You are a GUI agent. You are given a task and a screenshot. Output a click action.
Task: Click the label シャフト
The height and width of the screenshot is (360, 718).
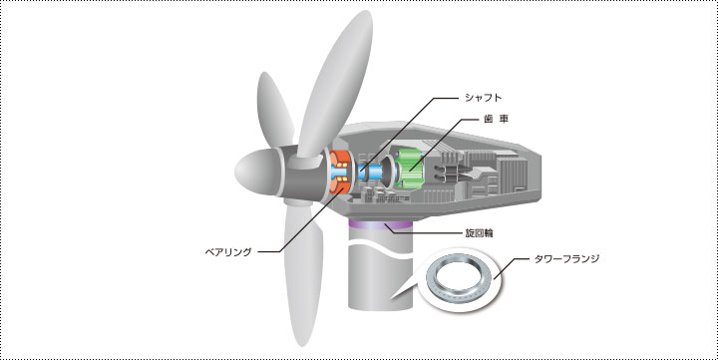click(483, 98)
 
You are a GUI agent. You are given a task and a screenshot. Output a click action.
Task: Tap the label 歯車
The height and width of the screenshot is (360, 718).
click(496, 119)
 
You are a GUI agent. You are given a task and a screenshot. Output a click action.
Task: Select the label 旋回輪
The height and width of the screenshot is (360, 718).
click(479, 232)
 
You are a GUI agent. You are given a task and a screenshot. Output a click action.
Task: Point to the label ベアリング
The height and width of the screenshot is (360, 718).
click(228, 252)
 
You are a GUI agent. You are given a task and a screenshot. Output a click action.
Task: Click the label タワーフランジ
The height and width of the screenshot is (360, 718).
click(566, 258)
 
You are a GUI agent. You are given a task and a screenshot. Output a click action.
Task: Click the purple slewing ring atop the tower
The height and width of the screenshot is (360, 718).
click(380, 224)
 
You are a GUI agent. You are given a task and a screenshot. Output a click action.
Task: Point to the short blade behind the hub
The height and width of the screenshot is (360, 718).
click(275, 110)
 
